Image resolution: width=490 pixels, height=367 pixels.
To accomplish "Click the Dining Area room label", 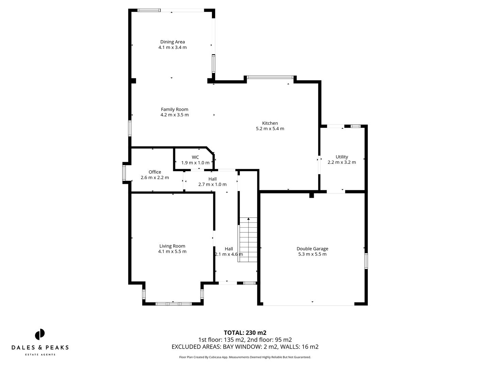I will tap(173, 42).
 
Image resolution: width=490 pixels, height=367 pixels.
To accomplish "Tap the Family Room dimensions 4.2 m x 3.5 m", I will tap(175, 115).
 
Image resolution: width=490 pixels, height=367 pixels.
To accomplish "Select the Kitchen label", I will tap(270, 123).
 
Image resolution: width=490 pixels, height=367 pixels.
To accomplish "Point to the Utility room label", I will tap(342, 157).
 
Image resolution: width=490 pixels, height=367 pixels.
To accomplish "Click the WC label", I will tap(195, 157).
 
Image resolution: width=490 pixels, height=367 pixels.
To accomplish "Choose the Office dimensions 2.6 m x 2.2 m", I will tap(155, 177).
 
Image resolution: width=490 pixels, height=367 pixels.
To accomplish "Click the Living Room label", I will tap(172, 246).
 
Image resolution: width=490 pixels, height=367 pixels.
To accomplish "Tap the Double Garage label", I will tap(312, 249).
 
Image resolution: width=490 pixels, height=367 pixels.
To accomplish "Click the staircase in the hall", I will tap(248, 240).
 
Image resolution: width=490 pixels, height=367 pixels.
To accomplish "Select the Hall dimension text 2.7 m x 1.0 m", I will tap(212, 184).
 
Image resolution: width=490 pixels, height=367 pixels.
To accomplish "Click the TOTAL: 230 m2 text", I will tap(245, 333).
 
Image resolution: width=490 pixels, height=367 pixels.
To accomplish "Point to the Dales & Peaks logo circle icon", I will tap(40, 334).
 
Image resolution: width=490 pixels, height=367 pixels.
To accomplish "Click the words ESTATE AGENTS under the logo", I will tap(40, 355).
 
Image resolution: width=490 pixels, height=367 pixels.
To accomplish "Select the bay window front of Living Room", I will tap(173, 303).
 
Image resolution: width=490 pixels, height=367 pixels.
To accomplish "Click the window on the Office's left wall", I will tap(124, 173).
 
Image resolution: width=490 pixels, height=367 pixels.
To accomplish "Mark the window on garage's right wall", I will tap(366, 261).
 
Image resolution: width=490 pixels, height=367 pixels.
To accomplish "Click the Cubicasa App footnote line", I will tap(245, 357).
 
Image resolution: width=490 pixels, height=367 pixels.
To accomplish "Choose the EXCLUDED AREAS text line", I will tap(245, 347).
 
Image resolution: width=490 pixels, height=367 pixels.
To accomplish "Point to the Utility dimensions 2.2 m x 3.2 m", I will tap(342, 162).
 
